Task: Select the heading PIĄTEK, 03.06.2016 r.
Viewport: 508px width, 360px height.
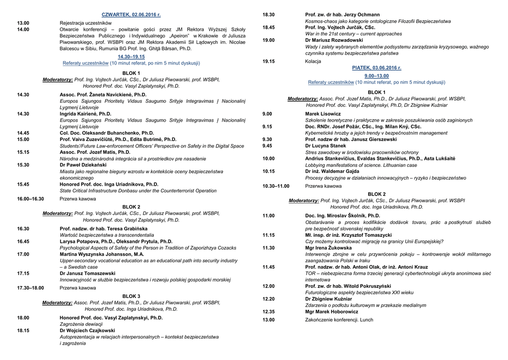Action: coord(377,68)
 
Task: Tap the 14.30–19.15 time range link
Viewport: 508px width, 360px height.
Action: coord(131,57)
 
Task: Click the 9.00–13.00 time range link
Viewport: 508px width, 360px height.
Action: coord(377,76)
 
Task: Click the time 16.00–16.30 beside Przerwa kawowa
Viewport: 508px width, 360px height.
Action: coord(30,199)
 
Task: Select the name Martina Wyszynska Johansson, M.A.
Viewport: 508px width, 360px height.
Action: coord(102,254)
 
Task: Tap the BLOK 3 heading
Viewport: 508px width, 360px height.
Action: coord(131,296)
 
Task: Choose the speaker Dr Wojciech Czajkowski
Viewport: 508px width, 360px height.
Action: coord(87,330)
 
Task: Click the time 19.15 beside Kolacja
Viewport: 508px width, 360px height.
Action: coord(268,61)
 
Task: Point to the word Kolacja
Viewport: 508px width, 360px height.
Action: coord(313,61)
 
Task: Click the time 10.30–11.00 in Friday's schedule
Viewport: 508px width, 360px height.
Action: coord(276,186)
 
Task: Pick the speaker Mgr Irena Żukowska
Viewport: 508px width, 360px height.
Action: coord(328,248)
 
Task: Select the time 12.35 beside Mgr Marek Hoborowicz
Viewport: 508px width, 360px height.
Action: coord(268,312)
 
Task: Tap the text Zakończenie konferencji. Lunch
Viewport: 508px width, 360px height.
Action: coord(339,320)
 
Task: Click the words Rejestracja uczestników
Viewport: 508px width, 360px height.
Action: coord(85,23)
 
